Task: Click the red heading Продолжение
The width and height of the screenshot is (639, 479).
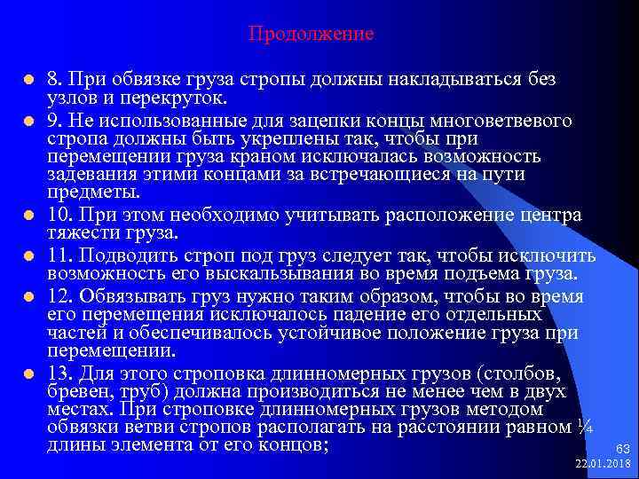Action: click(311, 35)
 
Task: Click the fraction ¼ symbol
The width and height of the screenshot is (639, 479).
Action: click(584, 427)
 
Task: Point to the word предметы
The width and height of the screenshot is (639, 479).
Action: click(92, 192)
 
